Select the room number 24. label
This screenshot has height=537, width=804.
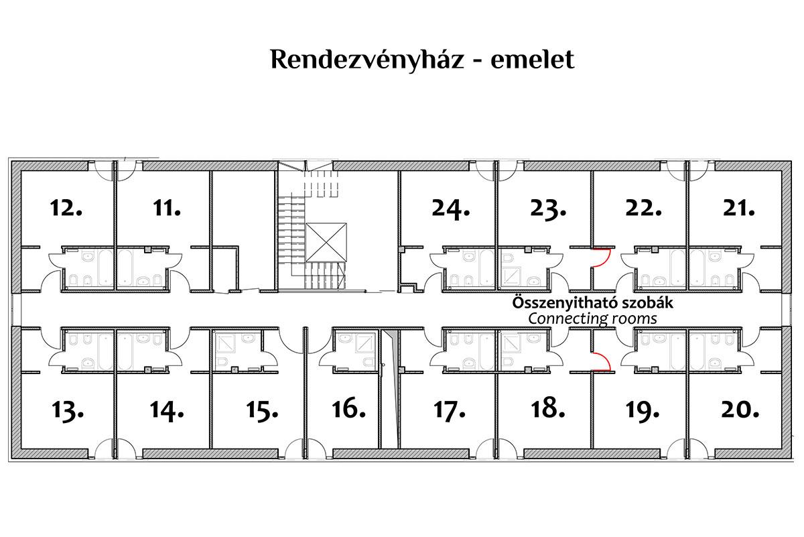(450, 208)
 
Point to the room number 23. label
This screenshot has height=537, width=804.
(547, 208)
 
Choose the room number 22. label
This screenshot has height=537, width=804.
(643, 208)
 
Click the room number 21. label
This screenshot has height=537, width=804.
(739, 208)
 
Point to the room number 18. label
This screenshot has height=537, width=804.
(547, 407)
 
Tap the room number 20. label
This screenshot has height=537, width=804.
(740, 407)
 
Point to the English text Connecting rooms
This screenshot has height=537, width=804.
(592, 318)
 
